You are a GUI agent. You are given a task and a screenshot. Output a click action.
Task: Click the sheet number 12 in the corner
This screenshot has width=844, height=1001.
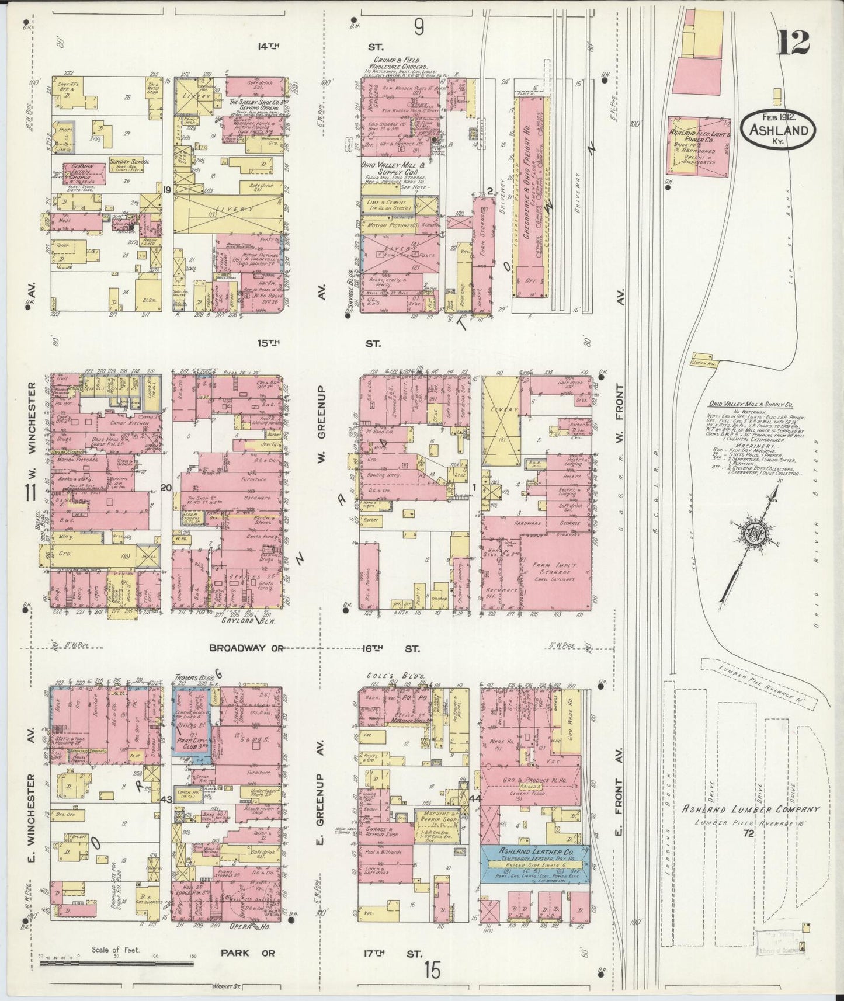(x=793, y=42)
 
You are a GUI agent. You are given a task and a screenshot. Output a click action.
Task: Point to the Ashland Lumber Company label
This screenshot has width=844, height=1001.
(x=751, y=809)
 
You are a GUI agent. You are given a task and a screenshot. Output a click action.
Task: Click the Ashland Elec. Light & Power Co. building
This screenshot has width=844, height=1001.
(x=699, y=146)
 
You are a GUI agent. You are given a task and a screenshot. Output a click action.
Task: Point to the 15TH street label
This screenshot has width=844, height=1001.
(x=269, y=344)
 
